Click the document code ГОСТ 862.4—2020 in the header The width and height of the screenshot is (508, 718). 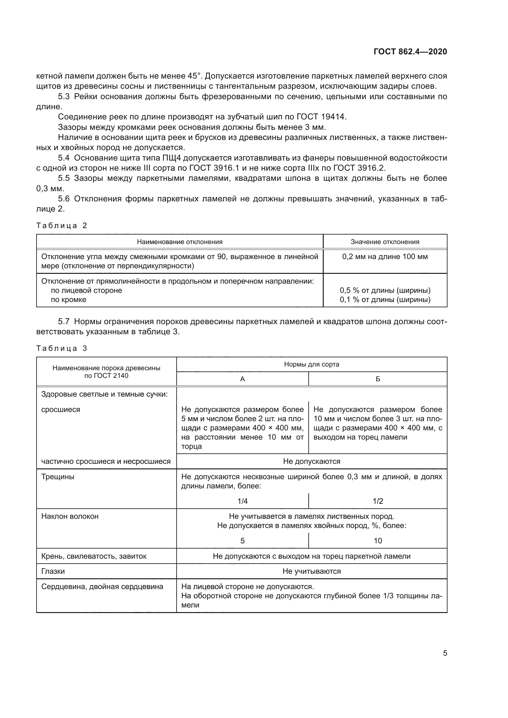point(410,52)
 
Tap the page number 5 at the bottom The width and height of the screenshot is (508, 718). point(445,653)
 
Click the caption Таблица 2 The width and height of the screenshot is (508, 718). point(62,226)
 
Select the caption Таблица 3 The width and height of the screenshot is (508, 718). point(62,348)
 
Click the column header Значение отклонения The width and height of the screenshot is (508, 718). point(385,242)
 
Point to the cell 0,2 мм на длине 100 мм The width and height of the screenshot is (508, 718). point(385,257)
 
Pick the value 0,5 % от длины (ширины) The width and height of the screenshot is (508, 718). point(385,290)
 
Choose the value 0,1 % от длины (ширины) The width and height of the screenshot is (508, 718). point(385,300)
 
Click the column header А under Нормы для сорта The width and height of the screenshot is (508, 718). point(242,379)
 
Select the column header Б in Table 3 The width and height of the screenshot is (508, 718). point(377,379)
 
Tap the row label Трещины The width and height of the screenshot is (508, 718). point(58,477)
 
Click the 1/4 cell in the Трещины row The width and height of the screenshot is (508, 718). point(242,501)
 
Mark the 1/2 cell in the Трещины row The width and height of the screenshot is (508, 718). point(377,501)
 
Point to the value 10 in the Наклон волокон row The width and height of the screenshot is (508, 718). point(377,541)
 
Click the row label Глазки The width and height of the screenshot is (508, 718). point(53,571)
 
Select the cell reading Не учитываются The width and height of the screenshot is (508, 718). point(311,571)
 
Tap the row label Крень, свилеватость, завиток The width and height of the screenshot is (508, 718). point(94,556)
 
